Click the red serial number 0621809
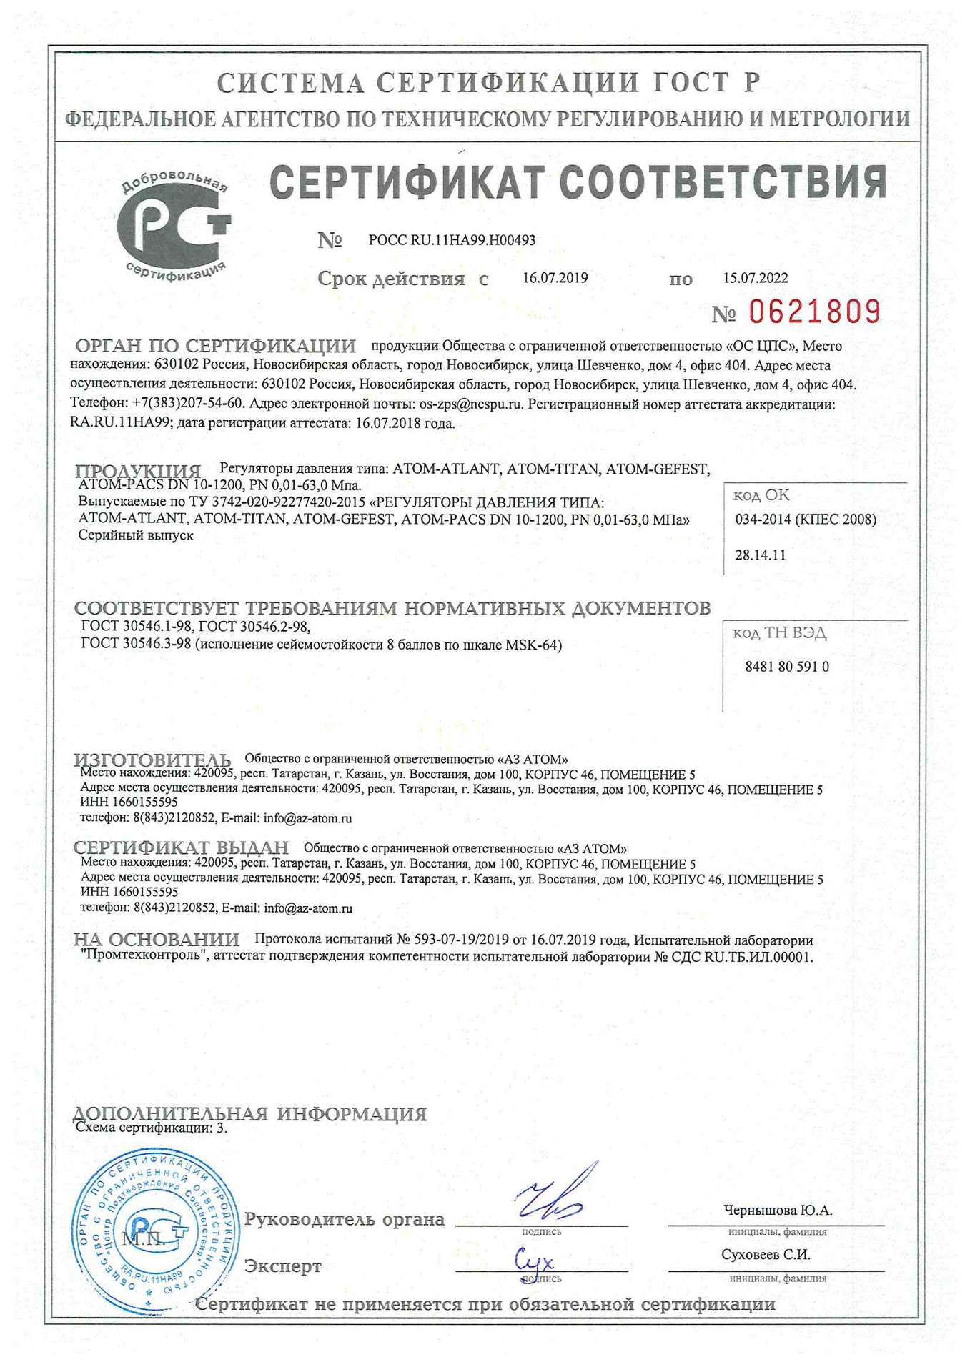point(814,312)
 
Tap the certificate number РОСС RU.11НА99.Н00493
point(452,240)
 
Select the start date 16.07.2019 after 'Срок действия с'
point(555,278)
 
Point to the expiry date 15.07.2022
point(755,278)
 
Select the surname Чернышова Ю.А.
point(778,1210)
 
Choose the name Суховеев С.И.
point(766,1254)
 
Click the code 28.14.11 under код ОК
point(760,555)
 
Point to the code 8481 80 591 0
point(786,666)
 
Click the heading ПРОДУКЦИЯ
point(138,472)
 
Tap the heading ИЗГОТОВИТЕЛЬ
point(152,760)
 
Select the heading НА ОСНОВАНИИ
point(157,940)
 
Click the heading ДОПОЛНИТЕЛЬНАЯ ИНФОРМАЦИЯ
point(249,1113)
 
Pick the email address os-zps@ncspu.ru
point(471,404)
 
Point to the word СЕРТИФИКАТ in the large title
point(407,182)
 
